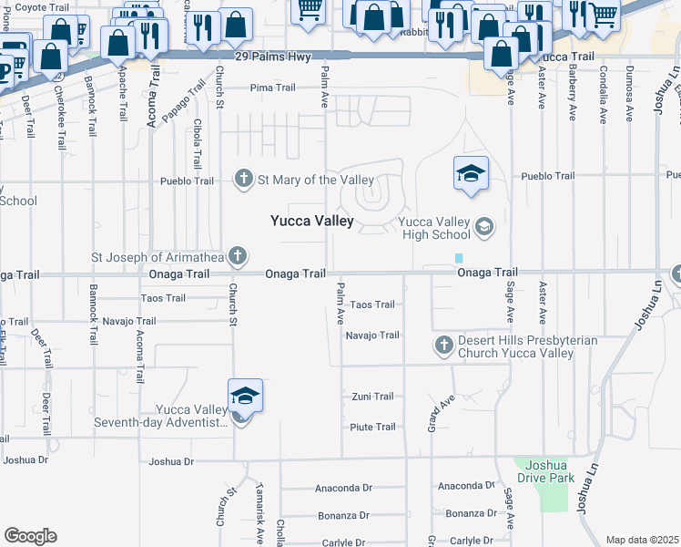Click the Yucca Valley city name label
tap(311, 221)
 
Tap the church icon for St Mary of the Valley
tap(244, 179)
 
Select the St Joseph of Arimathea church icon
tap(238, 256)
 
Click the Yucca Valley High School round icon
tap(483, 226)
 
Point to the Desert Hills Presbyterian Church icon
tap(443, 346)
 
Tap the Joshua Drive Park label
tap(544, 470)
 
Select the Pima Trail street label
tap(273, 88)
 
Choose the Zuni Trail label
tap(372, 397)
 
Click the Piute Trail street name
tap(372, 427)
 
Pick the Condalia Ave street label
tap(603, 99)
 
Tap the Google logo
tap(30, 536)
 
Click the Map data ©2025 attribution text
tap(642, 540)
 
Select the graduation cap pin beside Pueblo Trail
tap(471, 175)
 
